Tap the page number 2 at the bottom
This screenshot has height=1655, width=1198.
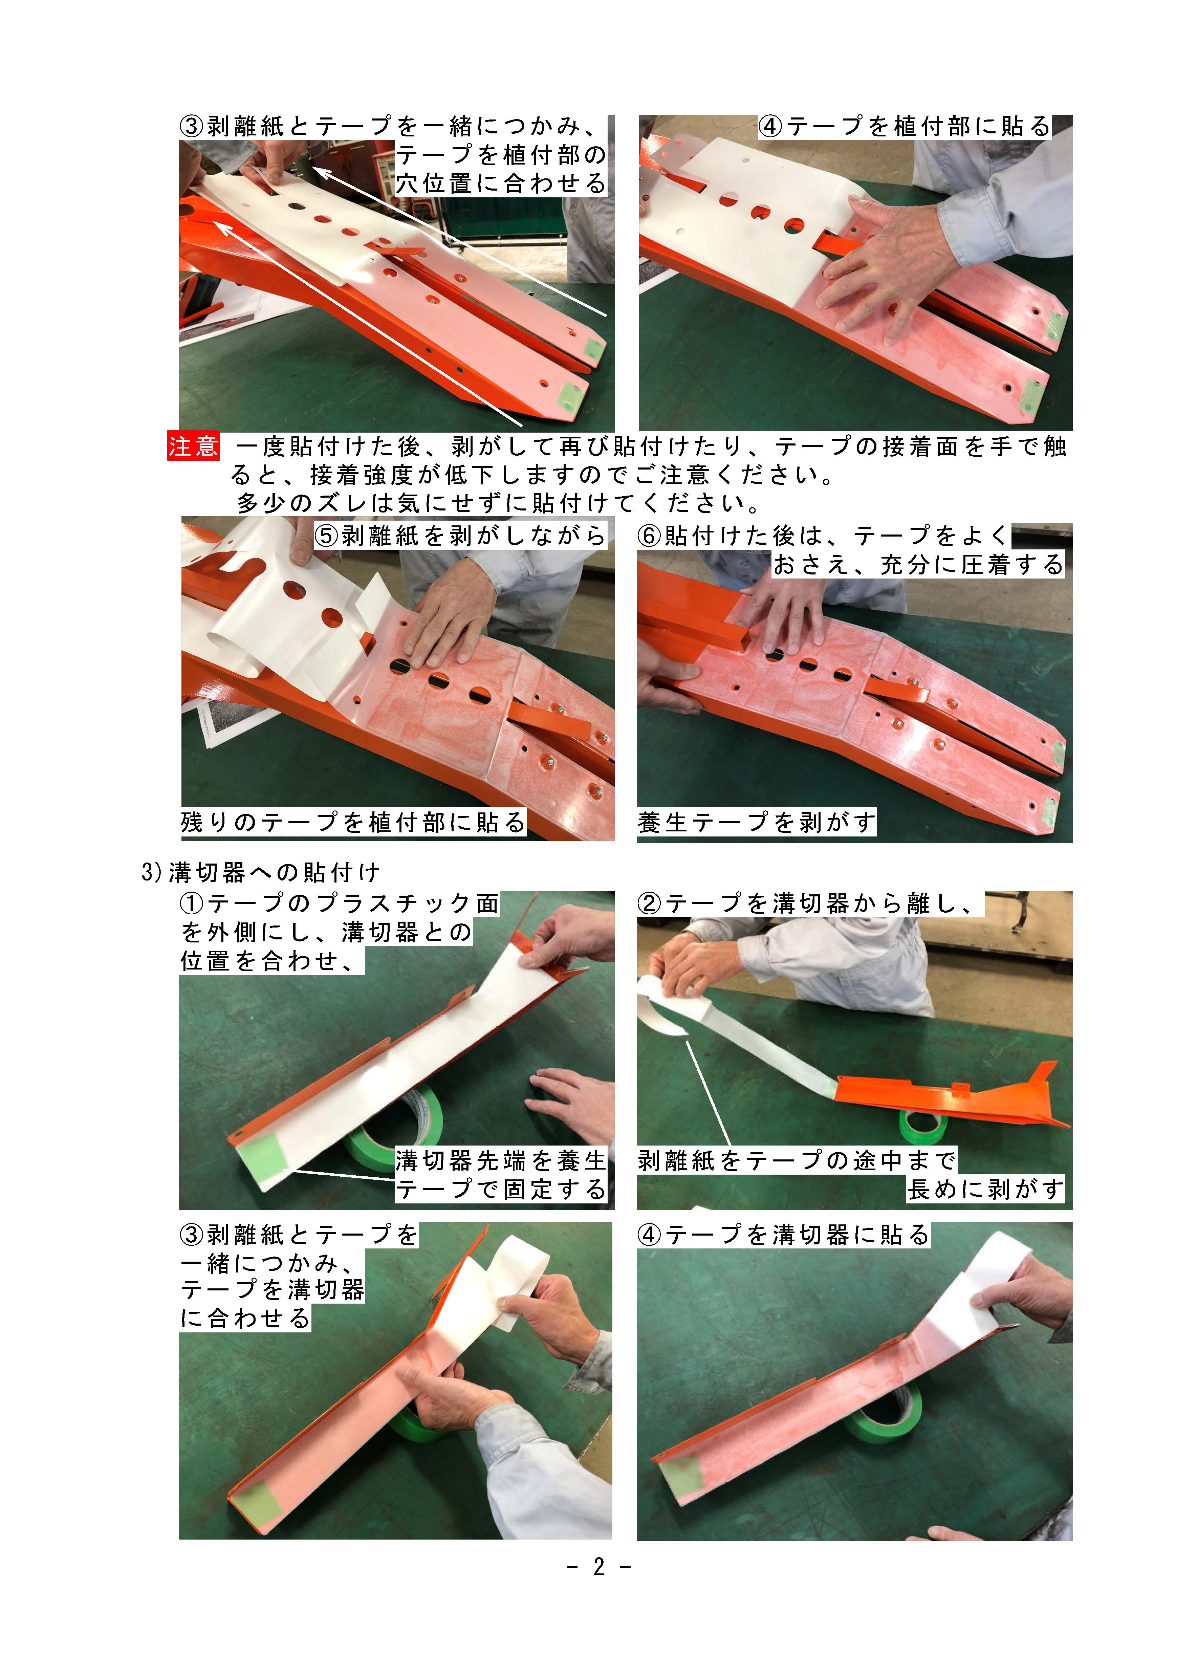coord(599,1567)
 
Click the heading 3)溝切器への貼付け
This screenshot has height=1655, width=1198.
coord(260,872)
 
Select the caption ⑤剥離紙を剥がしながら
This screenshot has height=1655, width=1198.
coord(460,536)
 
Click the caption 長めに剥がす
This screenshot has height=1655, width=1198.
coord(986,1190)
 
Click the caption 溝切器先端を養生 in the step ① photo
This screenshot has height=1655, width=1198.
coord(501,1160)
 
